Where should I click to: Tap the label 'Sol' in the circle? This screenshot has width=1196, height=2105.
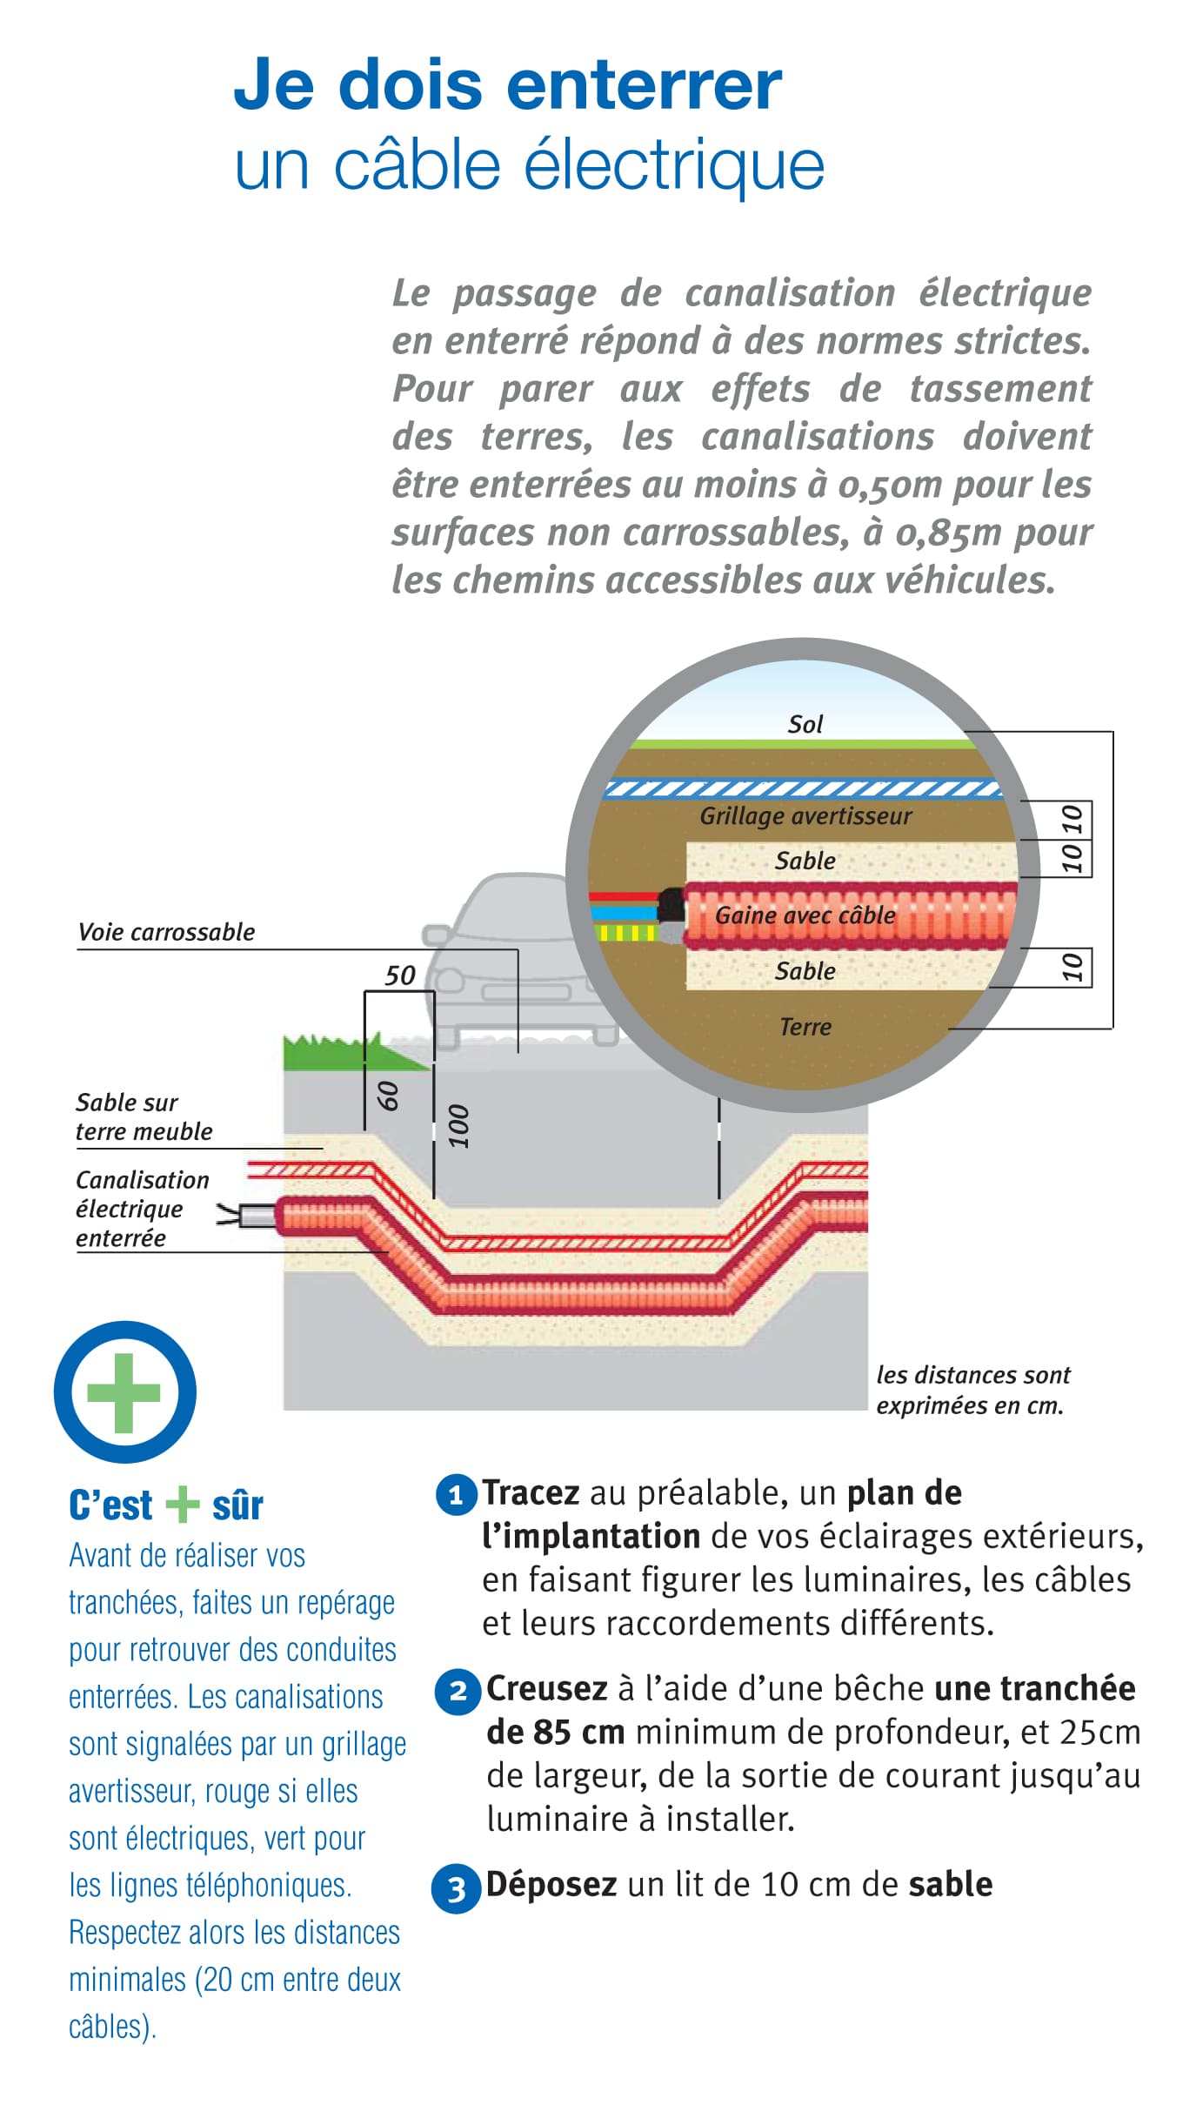[805, 724]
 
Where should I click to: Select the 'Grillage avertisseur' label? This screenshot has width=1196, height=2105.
[805, 815]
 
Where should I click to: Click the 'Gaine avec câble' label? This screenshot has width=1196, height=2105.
[805, 915]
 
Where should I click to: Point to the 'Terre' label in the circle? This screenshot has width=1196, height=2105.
[805, 1027]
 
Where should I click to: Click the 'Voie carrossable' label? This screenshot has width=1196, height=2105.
[166, 932]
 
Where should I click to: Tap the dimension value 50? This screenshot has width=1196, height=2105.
[400, 975]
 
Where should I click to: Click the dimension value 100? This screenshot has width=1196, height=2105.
[458, 1126]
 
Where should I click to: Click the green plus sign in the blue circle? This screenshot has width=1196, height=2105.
[124, 1392]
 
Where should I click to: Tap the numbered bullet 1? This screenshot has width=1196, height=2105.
[456, 1496]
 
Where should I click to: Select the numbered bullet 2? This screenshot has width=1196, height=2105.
[458, 1692]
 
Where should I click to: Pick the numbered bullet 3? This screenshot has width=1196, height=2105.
[456, 1889]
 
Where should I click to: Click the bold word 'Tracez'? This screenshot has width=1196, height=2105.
[531, 1492]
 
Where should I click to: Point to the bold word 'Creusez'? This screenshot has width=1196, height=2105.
[546, 1688]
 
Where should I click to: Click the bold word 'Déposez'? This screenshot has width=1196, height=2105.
[551, 1884]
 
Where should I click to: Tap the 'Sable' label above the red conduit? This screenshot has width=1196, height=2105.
[805, 861]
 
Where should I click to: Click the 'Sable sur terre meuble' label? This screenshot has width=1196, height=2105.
[144, 1116]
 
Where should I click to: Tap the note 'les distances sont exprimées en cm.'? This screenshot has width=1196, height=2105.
[972, 1390]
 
